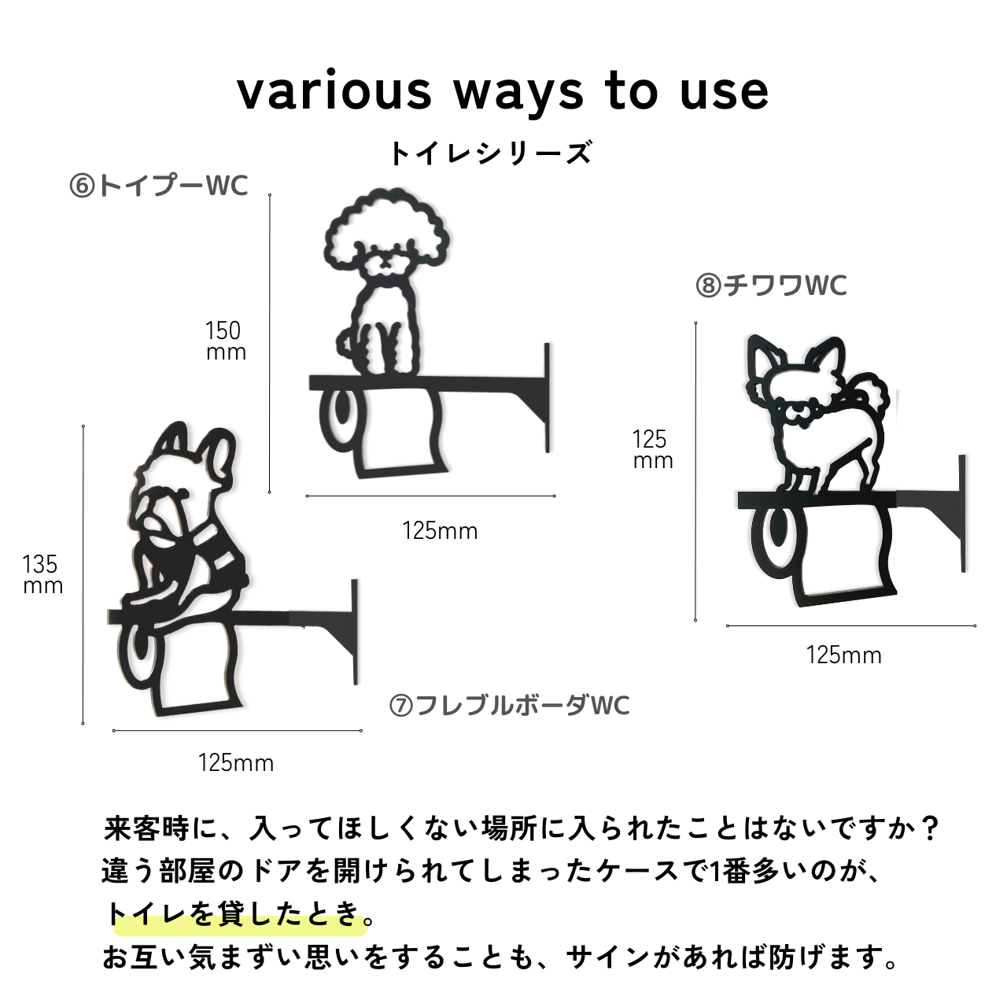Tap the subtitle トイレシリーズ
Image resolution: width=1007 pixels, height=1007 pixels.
491,153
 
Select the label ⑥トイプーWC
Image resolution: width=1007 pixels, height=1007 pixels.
159,186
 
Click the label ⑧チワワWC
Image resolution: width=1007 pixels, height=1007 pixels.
771,286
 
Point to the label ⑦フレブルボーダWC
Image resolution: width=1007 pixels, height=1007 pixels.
510,706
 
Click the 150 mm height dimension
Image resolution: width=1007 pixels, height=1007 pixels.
225,341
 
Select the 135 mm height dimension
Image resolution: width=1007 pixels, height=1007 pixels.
42,574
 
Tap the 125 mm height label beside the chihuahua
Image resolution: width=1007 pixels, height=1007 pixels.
653,449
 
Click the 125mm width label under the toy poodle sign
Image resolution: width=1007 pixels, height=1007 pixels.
440,531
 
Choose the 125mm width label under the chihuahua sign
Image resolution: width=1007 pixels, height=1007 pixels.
844,655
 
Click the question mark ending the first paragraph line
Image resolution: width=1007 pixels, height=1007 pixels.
928,828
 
